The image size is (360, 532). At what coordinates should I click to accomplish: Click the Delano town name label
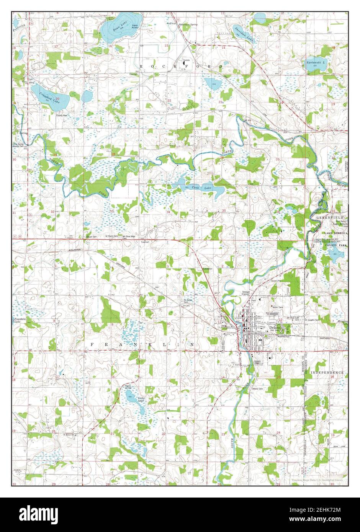coord(275,328)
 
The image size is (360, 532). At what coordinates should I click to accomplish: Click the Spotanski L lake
coord(316,64)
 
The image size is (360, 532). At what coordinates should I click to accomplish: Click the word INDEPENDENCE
coord(327,372)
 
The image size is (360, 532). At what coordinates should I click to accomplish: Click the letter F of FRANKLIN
coord(92,345)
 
